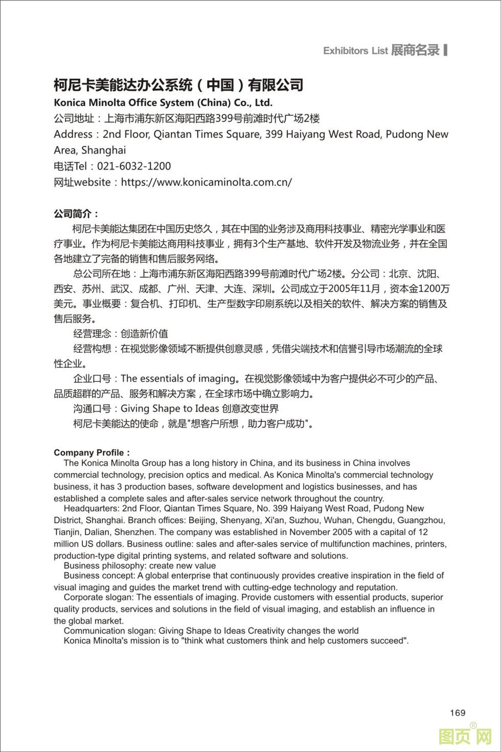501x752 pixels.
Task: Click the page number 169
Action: point(458,713)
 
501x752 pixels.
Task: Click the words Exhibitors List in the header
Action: point(355,51)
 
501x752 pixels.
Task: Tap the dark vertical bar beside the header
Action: point(446,50)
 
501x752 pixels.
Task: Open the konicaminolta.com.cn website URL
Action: point(207,182)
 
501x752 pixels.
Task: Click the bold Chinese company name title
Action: point(178,85)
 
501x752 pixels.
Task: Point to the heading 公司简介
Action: point(76,214)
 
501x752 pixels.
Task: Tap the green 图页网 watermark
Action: point(465,737)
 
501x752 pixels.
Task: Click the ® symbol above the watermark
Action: point(473,725)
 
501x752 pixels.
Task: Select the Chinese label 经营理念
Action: point(92,334)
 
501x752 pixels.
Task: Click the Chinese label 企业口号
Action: point(92,379)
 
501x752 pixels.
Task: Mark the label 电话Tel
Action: point(71,166)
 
